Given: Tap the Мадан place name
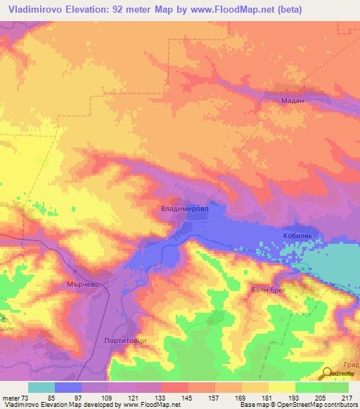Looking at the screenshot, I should click(292, 101).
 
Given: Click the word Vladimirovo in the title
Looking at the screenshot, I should click(39, 10).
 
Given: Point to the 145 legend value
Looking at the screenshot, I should click(187, 397).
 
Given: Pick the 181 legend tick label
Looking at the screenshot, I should click(267, 397).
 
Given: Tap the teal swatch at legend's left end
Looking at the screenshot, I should click(41, 387).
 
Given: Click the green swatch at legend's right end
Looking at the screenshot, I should click(335, 387).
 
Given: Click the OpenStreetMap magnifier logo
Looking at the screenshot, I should click(328, 375).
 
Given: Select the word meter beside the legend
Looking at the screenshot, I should click(11, 397).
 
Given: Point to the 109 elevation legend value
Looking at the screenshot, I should click(108, 397).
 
